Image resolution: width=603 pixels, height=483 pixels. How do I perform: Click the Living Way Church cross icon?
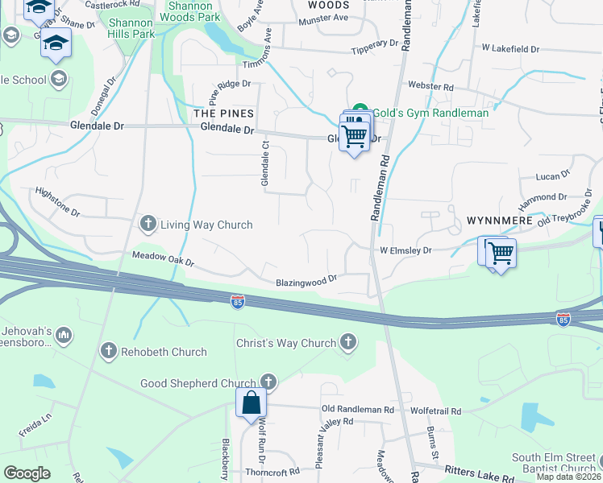click(148, 224)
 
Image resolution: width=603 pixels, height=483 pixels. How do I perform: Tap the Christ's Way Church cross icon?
click(348, 343)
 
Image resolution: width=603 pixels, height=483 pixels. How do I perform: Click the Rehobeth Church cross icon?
click(109, 351)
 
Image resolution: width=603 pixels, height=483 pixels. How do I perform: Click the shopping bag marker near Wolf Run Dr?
click(252, 402)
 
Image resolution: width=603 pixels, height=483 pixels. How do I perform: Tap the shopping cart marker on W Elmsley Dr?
click(501, 252)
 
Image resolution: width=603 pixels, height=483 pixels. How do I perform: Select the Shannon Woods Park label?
click(193, 10)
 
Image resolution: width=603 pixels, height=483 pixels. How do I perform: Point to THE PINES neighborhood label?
click(224, 114)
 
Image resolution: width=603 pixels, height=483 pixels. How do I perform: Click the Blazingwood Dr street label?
click(306, 283)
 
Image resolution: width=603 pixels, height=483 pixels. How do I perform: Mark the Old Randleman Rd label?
click(357, 410)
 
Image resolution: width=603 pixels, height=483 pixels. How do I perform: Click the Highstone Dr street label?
click(58, 202)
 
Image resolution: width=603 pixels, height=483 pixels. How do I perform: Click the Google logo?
click(27, 473)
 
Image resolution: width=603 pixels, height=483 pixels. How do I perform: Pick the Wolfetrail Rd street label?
click(437, 410)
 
